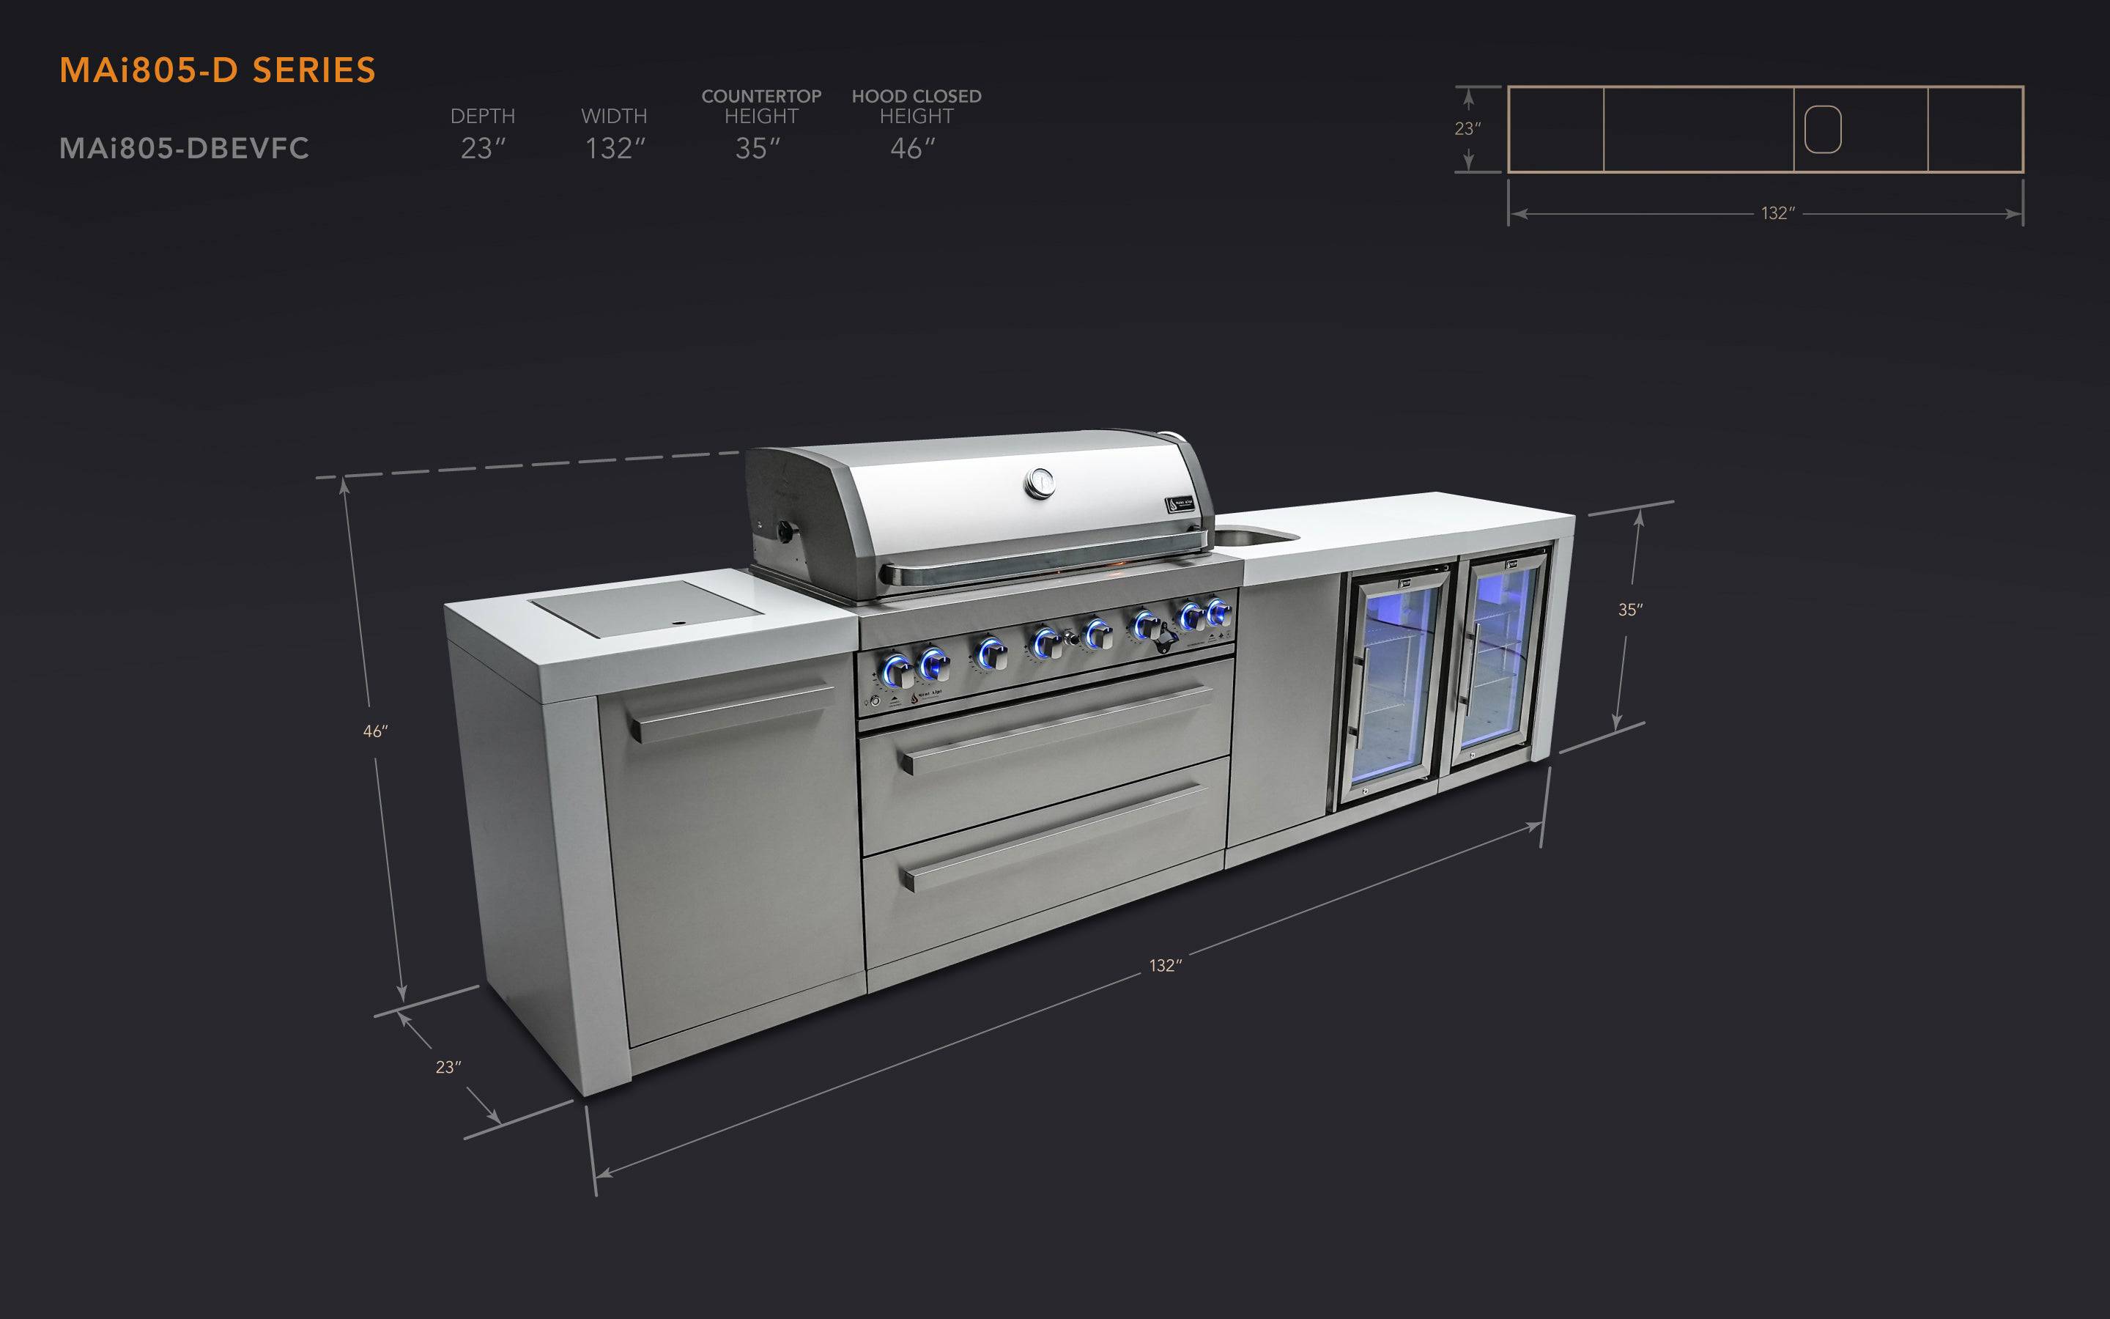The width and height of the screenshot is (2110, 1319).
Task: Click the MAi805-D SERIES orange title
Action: pyautogui.click(x=217, y=70)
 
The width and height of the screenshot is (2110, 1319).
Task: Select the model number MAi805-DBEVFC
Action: pyautogui.click(x=184, y=148)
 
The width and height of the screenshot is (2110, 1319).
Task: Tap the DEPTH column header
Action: pyautogui.click(x=482, y=116)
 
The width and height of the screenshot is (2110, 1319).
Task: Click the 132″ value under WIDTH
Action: pyautogui.click(x=615, y=149)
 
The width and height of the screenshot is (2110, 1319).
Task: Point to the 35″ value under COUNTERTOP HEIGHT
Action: pyautogui.click(x=757, y=149)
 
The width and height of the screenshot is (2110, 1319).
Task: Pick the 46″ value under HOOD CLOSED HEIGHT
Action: pyautogui.click(x=912, y=149)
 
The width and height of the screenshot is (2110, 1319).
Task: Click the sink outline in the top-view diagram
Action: pyautogui.click(x=1822, y=129)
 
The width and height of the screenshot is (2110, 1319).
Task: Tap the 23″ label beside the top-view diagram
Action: pyautogui.click(x=1467, y=129)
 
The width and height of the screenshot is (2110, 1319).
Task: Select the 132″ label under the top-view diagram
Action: pyautogui.click(x=1777, y=214)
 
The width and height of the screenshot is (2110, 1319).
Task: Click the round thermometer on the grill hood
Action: pyautogui.click(x=1040, y=482)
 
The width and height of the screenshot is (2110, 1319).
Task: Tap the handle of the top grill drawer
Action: pyautogui.click(x=1055, y=728)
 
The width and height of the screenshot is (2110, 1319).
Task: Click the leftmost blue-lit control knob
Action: pyautogui.click(x=897, y=669)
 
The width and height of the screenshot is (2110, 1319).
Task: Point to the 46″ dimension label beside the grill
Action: pyautogui.click(x=375, y=732)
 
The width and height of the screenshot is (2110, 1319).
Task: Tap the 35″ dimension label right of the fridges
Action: pyautogui.click(x=1629, y=610)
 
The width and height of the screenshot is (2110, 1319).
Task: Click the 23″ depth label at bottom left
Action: pyautogui.click(x=448, y=1067)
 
